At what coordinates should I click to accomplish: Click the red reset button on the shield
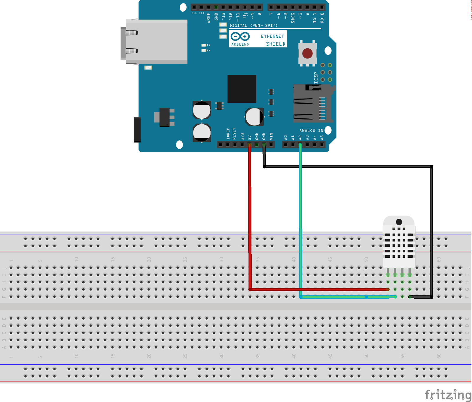pos(307,54)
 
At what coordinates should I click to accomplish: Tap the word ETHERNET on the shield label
pos(272,37)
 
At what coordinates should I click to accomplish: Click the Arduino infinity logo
pos(240,37)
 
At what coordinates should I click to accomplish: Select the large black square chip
pos(242,89)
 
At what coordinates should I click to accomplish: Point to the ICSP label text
pos(316,78)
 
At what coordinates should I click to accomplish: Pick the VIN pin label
pos(271,136)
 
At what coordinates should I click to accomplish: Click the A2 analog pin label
pos(300,138)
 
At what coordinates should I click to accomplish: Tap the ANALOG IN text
pos(311,130)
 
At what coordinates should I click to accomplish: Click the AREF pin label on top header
pos(209,18)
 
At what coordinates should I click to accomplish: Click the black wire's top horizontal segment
pos(348,167)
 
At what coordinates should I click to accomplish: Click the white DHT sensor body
pos(399,244)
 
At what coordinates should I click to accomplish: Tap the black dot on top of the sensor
pos(399,222)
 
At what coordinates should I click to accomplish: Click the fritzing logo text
pos(448,395)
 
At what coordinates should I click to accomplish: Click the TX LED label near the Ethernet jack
pos(208,45)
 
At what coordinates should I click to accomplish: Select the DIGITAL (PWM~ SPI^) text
pos(253,26)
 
